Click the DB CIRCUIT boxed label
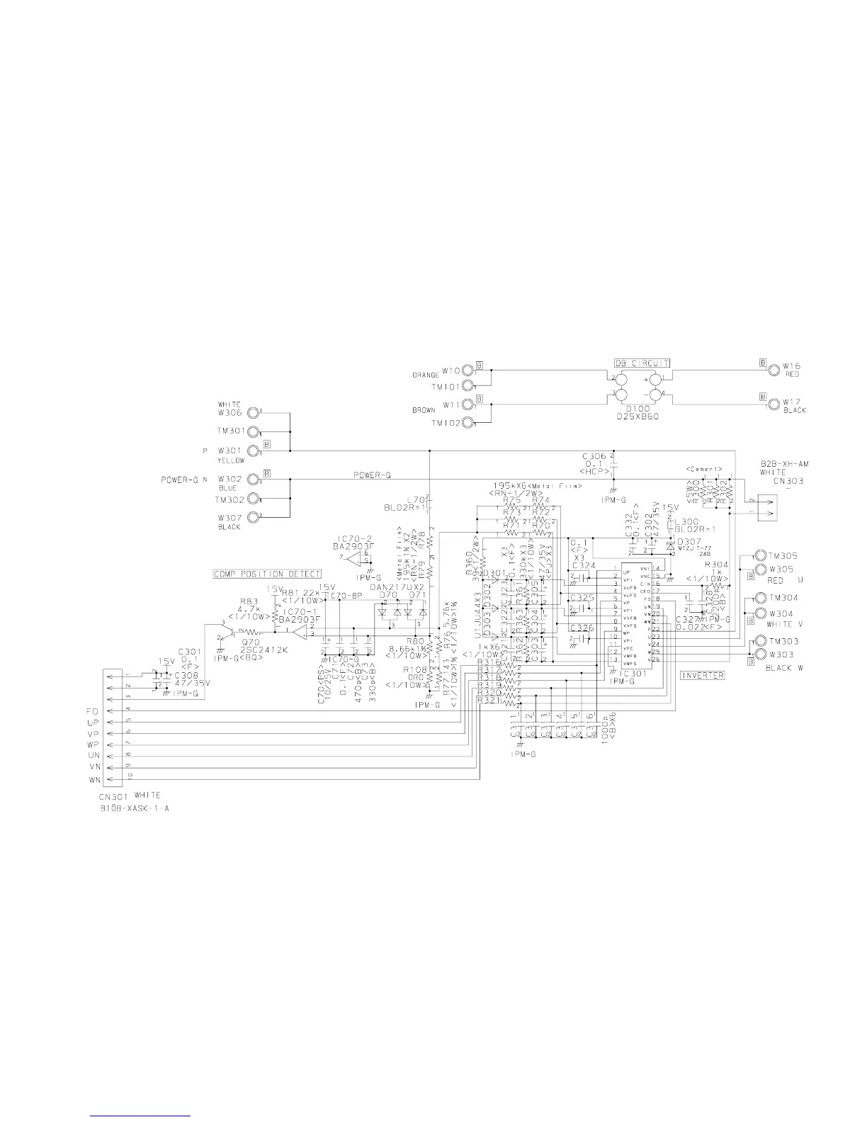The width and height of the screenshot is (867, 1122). pos(642,363)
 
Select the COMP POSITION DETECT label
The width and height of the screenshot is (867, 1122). pos(268,574)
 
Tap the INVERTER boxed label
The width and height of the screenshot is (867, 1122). pos(702,675)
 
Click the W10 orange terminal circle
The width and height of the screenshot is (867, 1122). pos(469,370)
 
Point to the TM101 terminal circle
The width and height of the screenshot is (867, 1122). pos(469,387)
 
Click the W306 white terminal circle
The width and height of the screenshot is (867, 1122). pos(252,412)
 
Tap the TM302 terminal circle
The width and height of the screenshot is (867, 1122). pos(252,499)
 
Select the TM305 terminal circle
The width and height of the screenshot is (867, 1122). pos(760,555)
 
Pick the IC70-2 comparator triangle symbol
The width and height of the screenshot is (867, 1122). pos(361,559)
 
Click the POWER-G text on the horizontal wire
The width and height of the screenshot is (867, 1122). pos(372,475)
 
